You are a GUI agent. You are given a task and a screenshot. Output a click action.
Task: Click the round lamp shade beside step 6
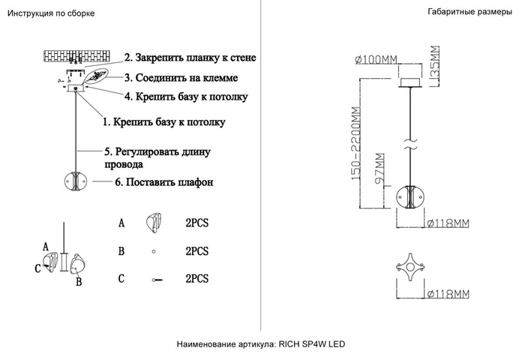pyautogui.click(x=76, y=181)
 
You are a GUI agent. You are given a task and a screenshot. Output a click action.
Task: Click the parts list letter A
pyautogui.click(x=121, y=223)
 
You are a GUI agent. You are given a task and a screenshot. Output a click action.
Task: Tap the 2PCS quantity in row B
pyautogui.click(x=196, y=251)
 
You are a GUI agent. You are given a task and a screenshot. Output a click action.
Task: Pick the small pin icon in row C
pyautogui.click(x=157, y=279)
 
